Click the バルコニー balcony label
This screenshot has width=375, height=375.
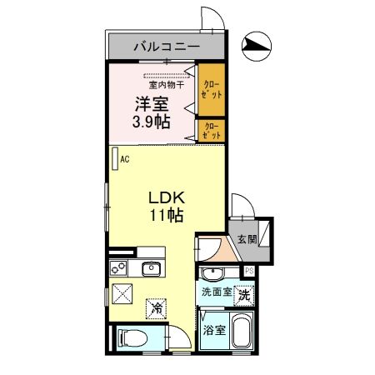coord(167,45)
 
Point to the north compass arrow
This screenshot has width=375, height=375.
coord(255,47)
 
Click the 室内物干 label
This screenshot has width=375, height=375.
coord(167,84)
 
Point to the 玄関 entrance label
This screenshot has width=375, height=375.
coord(247,240)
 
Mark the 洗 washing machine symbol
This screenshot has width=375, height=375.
coord(243,293)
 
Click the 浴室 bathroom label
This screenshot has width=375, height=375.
coord(214,330)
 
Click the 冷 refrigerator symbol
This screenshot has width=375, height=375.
coord(157,308)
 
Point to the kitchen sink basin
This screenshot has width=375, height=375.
coord(151,268)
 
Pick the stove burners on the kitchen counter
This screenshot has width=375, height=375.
coord(117,268)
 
